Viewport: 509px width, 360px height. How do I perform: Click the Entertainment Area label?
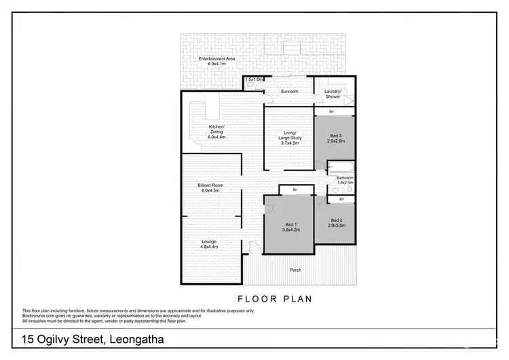click(x=216, y=61)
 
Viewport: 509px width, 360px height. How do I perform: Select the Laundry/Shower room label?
click(x=333, y=94)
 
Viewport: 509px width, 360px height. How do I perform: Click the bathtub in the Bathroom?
click(x=340, y=167)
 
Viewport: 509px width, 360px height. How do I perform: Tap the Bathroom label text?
click(x=345, y=180)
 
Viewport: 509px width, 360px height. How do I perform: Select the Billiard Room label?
click(x=211, y=187)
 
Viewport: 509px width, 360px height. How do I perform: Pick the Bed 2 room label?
click(x=337, y=222)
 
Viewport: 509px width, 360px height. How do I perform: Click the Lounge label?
click(x=209, y=245)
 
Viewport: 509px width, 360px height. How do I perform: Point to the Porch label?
click(x=295, y=270)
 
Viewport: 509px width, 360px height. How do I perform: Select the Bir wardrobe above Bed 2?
click(x=341, y=199)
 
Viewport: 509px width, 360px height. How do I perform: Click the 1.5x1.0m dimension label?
click(x=254, y=79)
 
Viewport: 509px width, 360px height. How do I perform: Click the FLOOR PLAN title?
click(x=265, y=298)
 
